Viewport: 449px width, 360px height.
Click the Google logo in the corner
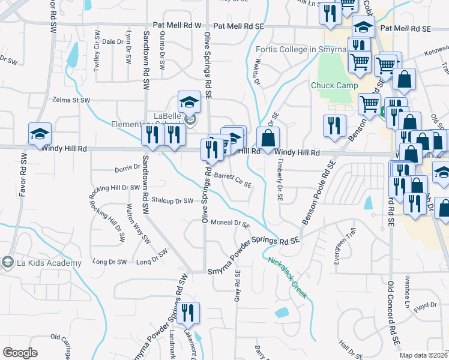[x=20, y=353]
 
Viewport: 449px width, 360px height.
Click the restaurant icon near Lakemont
[x=187, y=313]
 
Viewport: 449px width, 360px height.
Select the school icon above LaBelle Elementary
[x=189, y=101]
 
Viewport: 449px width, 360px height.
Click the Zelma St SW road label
[x=71, y=100]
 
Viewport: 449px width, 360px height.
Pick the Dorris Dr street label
[x=127, y=170]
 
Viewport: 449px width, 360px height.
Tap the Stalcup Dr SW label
[x=172, y=200]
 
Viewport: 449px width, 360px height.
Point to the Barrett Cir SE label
[x=233, y=179]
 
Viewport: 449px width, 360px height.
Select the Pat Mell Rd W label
[x=177, y=26]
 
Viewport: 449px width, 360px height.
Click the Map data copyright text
[x=424, y=355]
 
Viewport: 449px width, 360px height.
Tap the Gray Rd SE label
[x=238, y=286]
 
